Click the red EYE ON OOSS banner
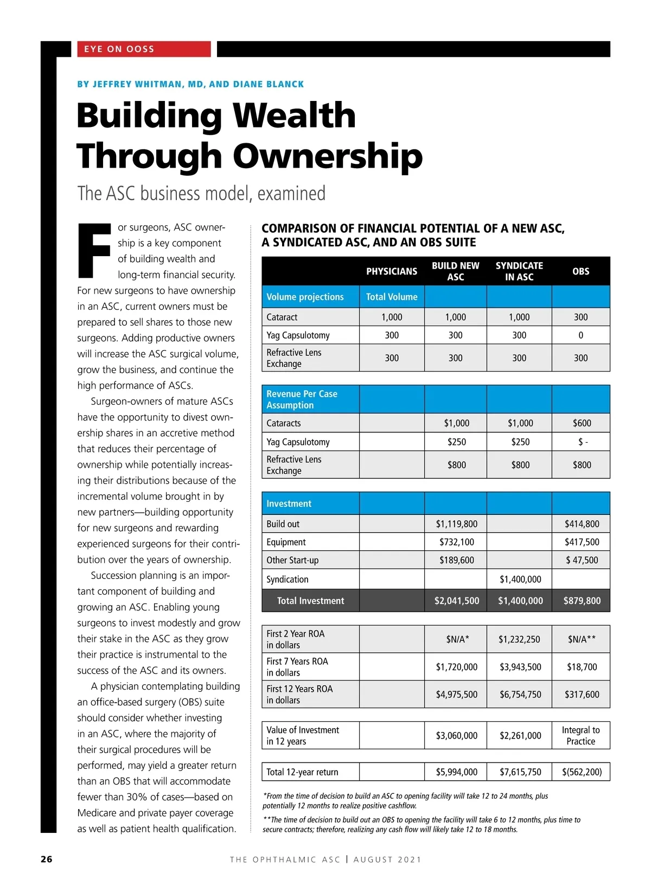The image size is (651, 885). [141, 49]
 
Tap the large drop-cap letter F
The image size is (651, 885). [94, 250]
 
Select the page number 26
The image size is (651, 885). [47, 859]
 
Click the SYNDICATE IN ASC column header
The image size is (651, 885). [519, 271]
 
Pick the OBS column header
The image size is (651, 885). [580, 271]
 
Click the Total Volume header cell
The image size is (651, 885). [392, 297]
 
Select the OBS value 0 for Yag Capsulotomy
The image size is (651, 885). [580, 335]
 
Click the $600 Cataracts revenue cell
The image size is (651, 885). [582, 423]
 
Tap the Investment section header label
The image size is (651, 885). [289, 504]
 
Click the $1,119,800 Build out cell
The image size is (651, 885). [456, 524]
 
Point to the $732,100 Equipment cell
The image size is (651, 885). [456, 542]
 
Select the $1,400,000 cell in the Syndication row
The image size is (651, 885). [520, 579]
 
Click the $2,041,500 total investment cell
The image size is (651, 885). [456, 601]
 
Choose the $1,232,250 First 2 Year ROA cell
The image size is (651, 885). [519, 639]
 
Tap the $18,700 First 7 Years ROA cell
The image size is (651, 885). [582, 667]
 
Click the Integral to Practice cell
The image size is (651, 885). [580, 735]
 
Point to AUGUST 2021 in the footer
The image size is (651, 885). [387, 859]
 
